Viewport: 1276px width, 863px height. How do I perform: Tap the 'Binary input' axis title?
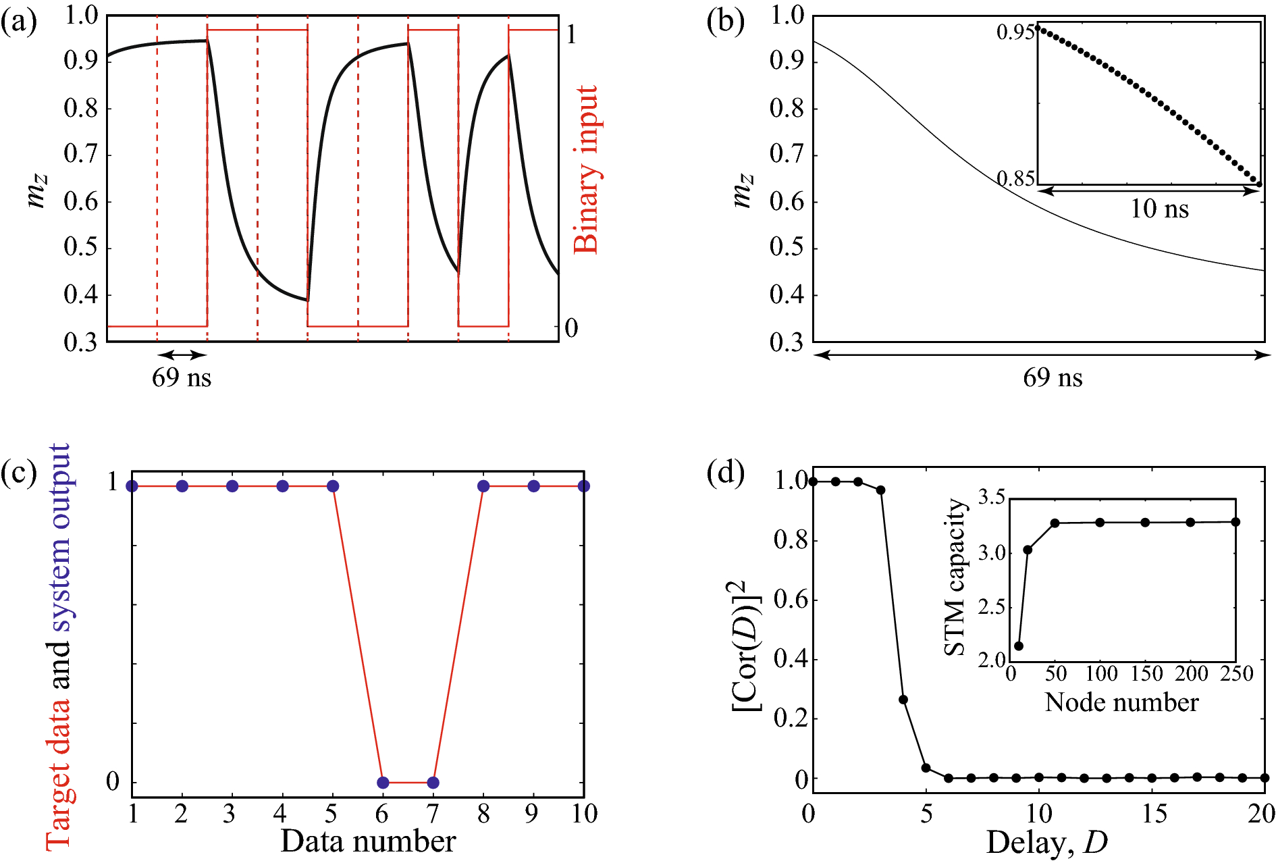coord(585,169)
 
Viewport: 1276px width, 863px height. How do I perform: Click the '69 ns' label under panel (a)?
coord(182,377)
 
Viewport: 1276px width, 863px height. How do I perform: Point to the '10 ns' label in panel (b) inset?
coord(1159,209)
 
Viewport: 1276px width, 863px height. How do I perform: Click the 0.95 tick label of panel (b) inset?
coord(1015,32)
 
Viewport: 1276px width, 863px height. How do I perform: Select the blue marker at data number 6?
coord(383,783)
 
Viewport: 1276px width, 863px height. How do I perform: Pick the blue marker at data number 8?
coord(483,486)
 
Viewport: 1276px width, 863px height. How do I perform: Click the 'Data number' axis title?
coord(368,841)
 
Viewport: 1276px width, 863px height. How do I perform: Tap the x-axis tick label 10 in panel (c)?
coord(584,814)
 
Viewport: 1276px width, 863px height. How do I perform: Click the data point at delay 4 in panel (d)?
coord(903,700)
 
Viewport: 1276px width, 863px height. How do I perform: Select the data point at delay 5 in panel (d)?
coord(926,768)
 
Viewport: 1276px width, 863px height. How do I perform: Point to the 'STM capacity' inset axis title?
coord(955,577)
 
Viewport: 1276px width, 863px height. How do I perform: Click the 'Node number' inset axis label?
coord(1121,703)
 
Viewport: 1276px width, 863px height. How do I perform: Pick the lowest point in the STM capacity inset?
coord(1019,646)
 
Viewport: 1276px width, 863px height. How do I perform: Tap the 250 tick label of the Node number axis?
coord(1237,674)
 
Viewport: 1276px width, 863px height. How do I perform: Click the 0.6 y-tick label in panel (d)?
coord(791,599)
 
